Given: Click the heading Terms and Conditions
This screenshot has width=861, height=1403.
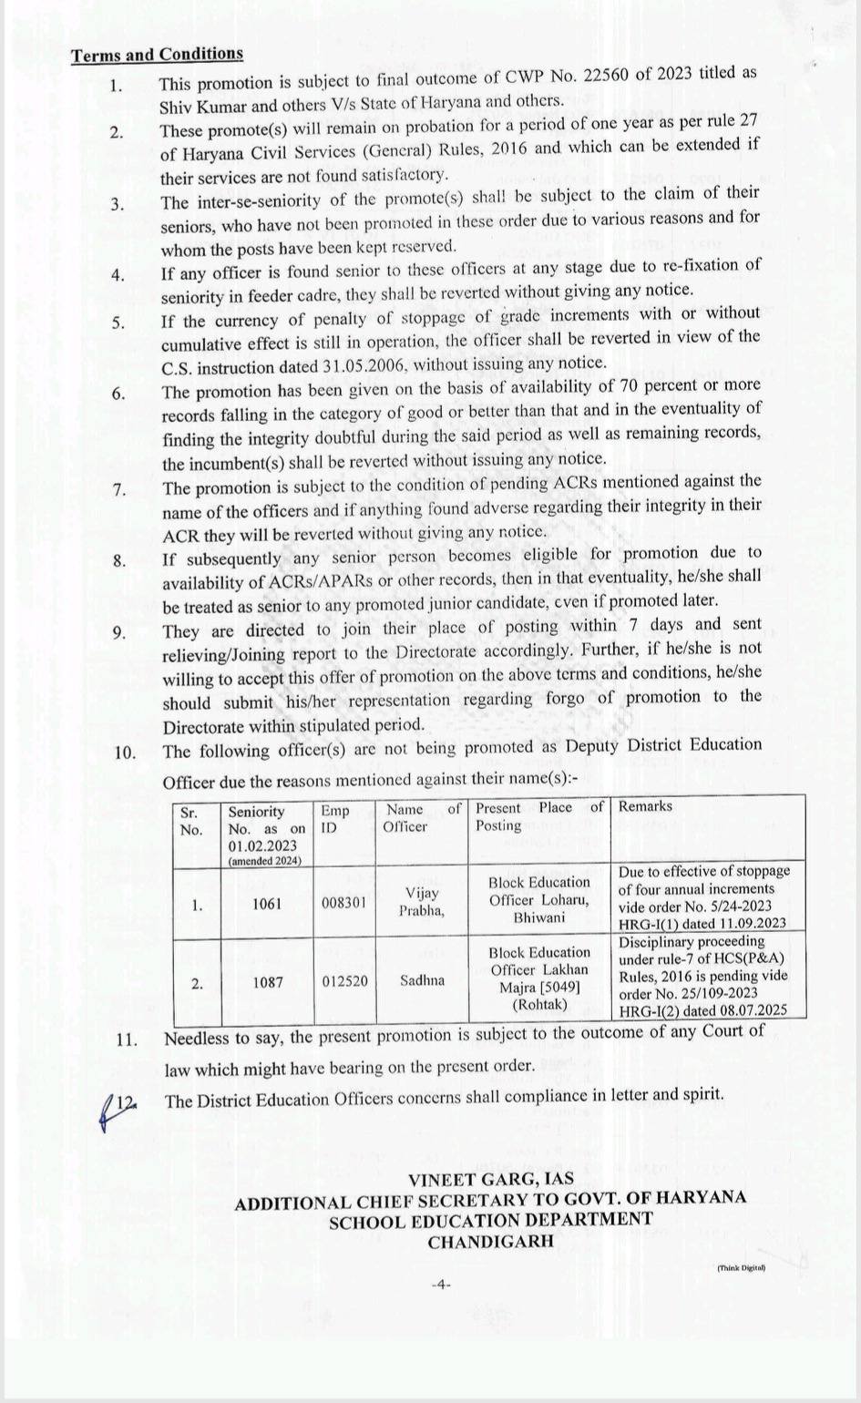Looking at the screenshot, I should point(158,54).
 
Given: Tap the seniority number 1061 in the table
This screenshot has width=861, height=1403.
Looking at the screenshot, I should point(267,905).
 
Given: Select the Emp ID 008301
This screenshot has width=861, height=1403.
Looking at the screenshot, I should point(343,905).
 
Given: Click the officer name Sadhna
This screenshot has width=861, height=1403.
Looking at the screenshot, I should point(422,981).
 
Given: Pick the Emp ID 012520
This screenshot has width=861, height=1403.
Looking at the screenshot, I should point(343,982).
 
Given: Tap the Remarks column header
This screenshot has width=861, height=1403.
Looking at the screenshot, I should point(645,806).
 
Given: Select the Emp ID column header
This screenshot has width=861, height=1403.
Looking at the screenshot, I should point(333,818).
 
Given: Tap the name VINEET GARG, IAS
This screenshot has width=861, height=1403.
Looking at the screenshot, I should point(490,1180).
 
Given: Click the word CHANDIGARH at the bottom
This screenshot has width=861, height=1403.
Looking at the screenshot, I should point(490,1241).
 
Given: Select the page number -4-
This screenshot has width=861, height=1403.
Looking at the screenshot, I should point(441,1285).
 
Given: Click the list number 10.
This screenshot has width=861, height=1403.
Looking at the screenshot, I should point(125,753).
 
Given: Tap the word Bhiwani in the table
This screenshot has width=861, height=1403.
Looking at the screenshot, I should point(539,917).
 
